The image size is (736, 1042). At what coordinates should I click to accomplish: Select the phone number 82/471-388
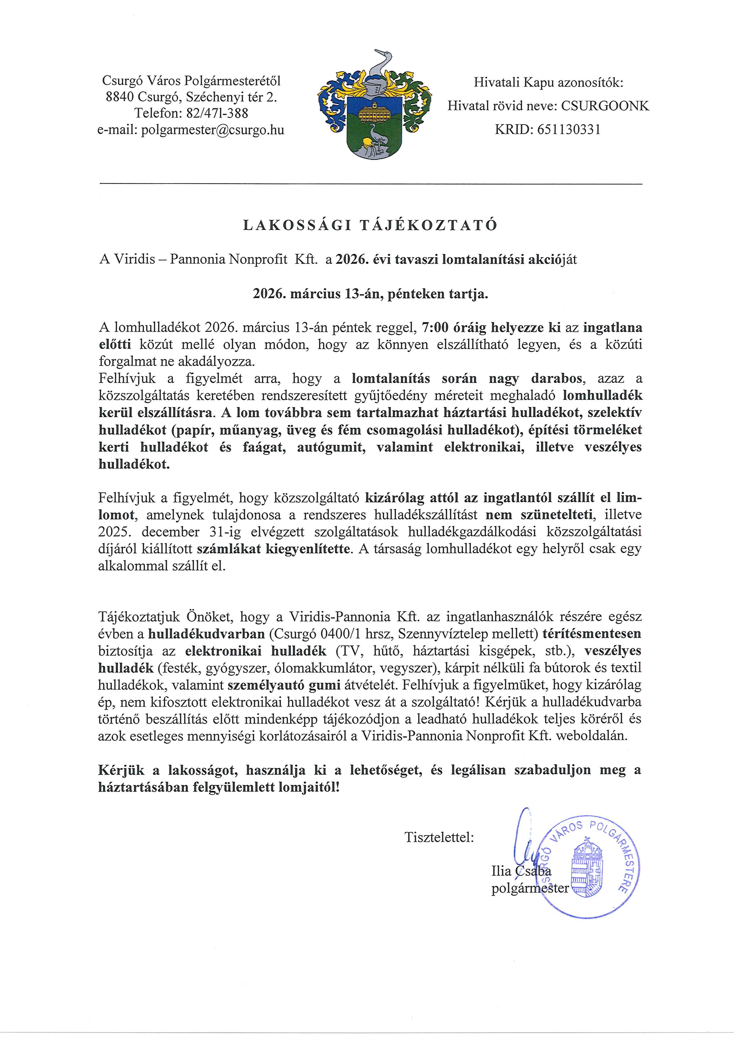217,113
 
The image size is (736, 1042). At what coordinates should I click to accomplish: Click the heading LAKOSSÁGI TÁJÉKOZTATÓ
370,225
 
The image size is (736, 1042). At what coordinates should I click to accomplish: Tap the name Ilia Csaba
521,871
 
